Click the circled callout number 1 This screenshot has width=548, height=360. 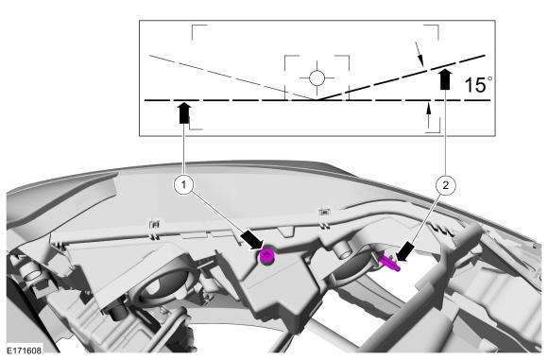tap(184, 184)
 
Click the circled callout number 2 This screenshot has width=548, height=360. tap(446, 184)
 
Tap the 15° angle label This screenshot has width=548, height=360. tap(478, 85)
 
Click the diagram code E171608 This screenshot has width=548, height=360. tap(25, 351)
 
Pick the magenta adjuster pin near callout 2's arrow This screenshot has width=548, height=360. tap(389, 264)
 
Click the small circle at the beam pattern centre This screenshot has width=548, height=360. tap(317, 77)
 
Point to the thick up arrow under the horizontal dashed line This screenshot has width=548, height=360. tap(184, 112)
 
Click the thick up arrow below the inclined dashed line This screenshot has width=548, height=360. tap(445, 79)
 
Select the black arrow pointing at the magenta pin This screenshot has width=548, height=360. tap(405, 252)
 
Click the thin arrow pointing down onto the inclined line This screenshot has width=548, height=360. tap(420, 54)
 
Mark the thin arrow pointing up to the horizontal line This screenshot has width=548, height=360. tap(429, 115)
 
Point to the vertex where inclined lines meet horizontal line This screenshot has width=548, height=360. tap(316, 100)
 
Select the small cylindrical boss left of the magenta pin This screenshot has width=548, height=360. tap(342, 250)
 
